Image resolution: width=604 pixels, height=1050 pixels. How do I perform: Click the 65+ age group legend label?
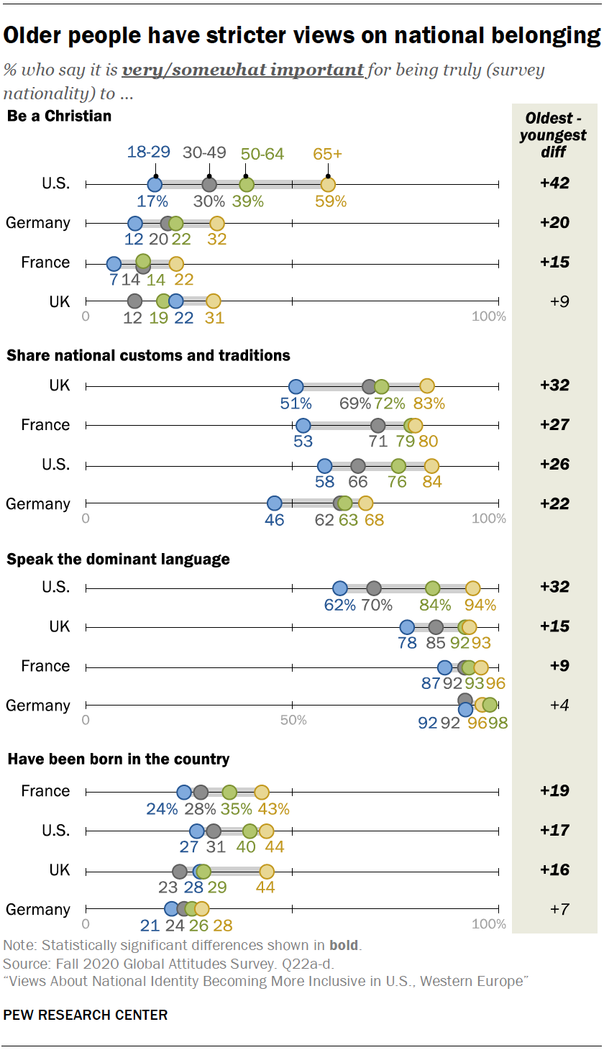(328, 153)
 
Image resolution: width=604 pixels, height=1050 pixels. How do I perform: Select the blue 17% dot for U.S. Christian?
(155, 184)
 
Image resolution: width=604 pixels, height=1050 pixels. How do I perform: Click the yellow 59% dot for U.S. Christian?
(328, 184)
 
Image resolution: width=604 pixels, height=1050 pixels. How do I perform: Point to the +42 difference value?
(554, 183)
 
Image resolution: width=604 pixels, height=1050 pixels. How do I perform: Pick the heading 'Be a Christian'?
(59, 116)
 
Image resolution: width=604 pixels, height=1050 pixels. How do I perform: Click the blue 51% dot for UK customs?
(296, 386)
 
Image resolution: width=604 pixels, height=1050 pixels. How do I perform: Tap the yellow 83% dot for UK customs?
(427, 386)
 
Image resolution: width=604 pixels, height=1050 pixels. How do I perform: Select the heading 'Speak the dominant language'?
(118, 559)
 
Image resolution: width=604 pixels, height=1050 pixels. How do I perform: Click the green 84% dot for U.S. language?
(432, 588)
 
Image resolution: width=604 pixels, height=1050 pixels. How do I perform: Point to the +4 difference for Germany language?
(554, 706)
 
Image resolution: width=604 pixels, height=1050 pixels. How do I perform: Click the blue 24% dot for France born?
(184, 792)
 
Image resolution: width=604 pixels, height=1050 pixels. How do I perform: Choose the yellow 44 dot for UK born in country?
(267, 872)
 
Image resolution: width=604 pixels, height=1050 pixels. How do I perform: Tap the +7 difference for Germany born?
(554, 909)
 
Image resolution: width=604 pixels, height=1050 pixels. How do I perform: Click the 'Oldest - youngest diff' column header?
(554, 135)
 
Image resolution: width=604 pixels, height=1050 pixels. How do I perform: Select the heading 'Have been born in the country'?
(118, 759)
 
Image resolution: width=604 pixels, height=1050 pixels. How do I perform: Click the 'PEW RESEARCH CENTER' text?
(86, 1015)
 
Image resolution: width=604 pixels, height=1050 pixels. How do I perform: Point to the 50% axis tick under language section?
(292, 720)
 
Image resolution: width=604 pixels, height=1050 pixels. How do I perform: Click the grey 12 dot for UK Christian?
(134, 301)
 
